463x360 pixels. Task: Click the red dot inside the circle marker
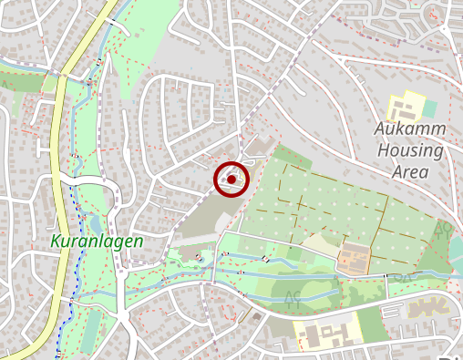(232, 180)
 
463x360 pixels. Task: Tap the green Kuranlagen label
(97, 242)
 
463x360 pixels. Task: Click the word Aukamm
(409, 129)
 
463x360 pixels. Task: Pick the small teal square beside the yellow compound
(428, 108)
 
